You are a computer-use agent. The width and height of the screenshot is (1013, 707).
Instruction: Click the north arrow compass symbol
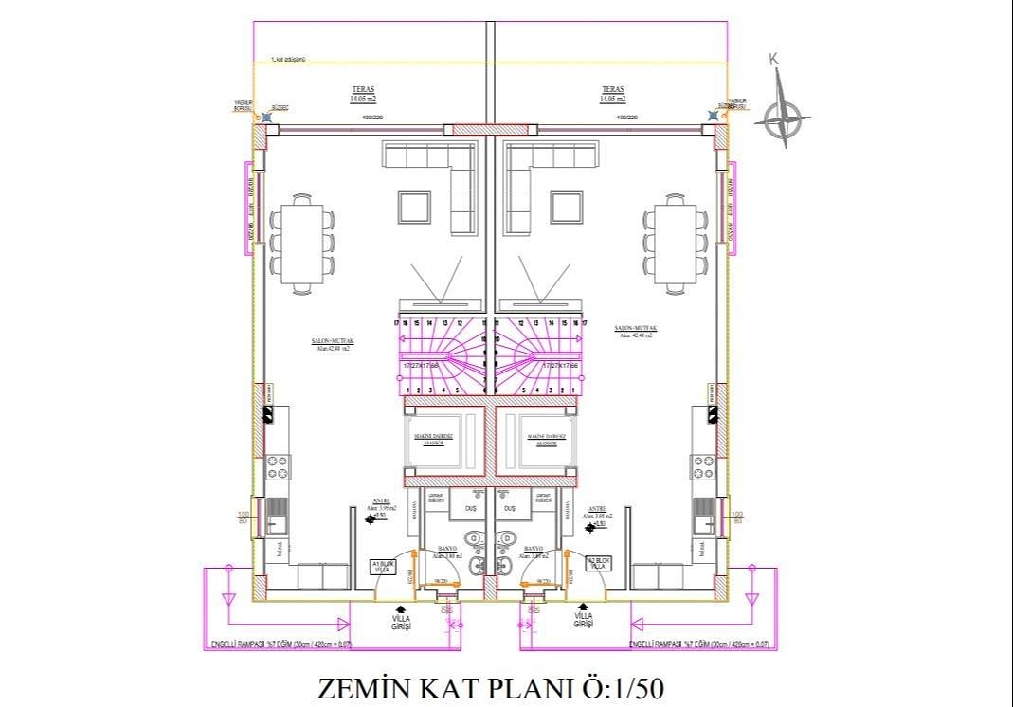[x=786, y=118]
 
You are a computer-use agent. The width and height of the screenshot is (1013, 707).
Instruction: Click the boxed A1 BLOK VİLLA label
[x=382, y=568]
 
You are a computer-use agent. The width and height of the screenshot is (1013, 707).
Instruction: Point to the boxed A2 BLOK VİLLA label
[x=598, y=562]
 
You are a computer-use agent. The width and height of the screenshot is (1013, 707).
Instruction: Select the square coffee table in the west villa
[x=415, y=206]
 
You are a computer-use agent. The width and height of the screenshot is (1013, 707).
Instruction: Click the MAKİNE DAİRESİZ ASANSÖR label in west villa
[x=435, y=439]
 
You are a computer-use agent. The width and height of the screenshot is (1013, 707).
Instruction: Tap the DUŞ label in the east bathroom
[x=511, y=508]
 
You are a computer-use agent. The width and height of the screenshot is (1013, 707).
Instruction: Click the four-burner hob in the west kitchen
[x=279, y=466]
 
